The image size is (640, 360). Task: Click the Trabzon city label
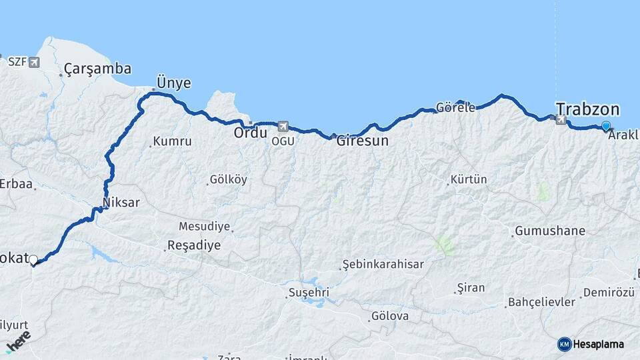pyautogui.click(x=587, y=109)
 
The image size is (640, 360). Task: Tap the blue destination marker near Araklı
pyautogui.click(x=606, y=126)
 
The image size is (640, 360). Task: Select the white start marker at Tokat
pyautogui.click(x=33, y=259)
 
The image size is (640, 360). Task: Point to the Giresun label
pyautogui.click(x=362, y=141)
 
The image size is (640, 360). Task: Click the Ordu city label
pyautogui.click(x=250, y=133)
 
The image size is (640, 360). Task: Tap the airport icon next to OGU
pyautogui.click(x=283, y=126)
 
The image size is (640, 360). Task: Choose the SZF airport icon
pyautogui.click(x=34, y=62)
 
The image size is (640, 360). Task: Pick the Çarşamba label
pyautogui.click(x=98, y=69)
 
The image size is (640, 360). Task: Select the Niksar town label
pyautogui.click(x=121, y=202)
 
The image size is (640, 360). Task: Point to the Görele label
pyautogui.click(x=455, y=107)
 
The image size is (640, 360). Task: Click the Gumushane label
pyautogui.click(x=549, y=231)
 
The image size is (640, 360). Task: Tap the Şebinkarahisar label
pyautogui.click(x=383, y=264)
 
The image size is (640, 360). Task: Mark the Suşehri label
pyautogui.click(x=309, y=293)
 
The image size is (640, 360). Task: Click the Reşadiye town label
pyautogui.click(x=193, y=245)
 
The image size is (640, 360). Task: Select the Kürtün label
pyautogui.click(x=469, y=179)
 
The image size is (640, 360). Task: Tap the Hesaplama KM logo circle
pyautogui.click(x=564, y=344)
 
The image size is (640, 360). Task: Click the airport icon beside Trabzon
pyautogui.click(x=561, y=120)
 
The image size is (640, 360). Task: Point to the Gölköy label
pyautogui.click(x=228, y=179)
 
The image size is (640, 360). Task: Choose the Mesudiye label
pyautogui.click(x=204, y=227)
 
